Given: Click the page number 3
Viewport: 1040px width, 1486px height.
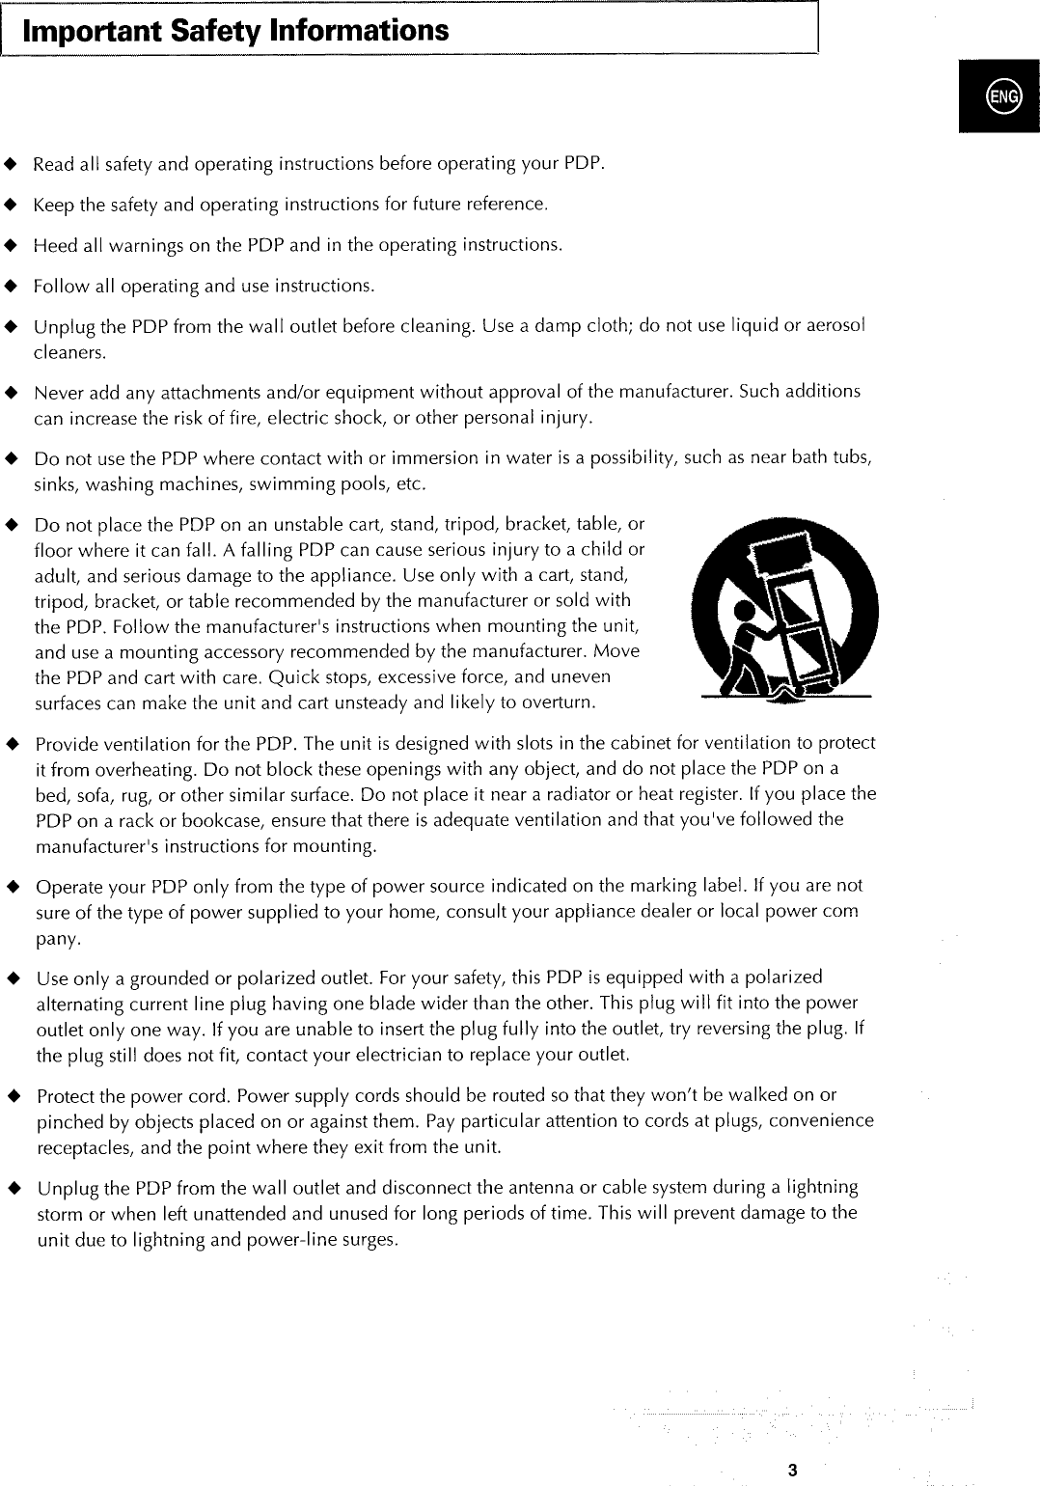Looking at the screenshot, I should coord(791,1471).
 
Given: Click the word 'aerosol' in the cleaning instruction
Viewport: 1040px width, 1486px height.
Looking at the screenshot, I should coord(832,326).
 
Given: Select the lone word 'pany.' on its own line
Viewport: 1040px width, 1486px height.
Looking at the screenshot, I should coord(58,939).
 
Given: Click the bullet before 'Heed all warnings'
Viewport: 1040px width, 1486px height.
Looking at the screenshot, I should coord(11,244).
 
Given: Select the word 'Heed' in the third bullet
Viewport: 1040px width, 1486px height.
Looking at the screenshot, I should coord(55,245).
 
